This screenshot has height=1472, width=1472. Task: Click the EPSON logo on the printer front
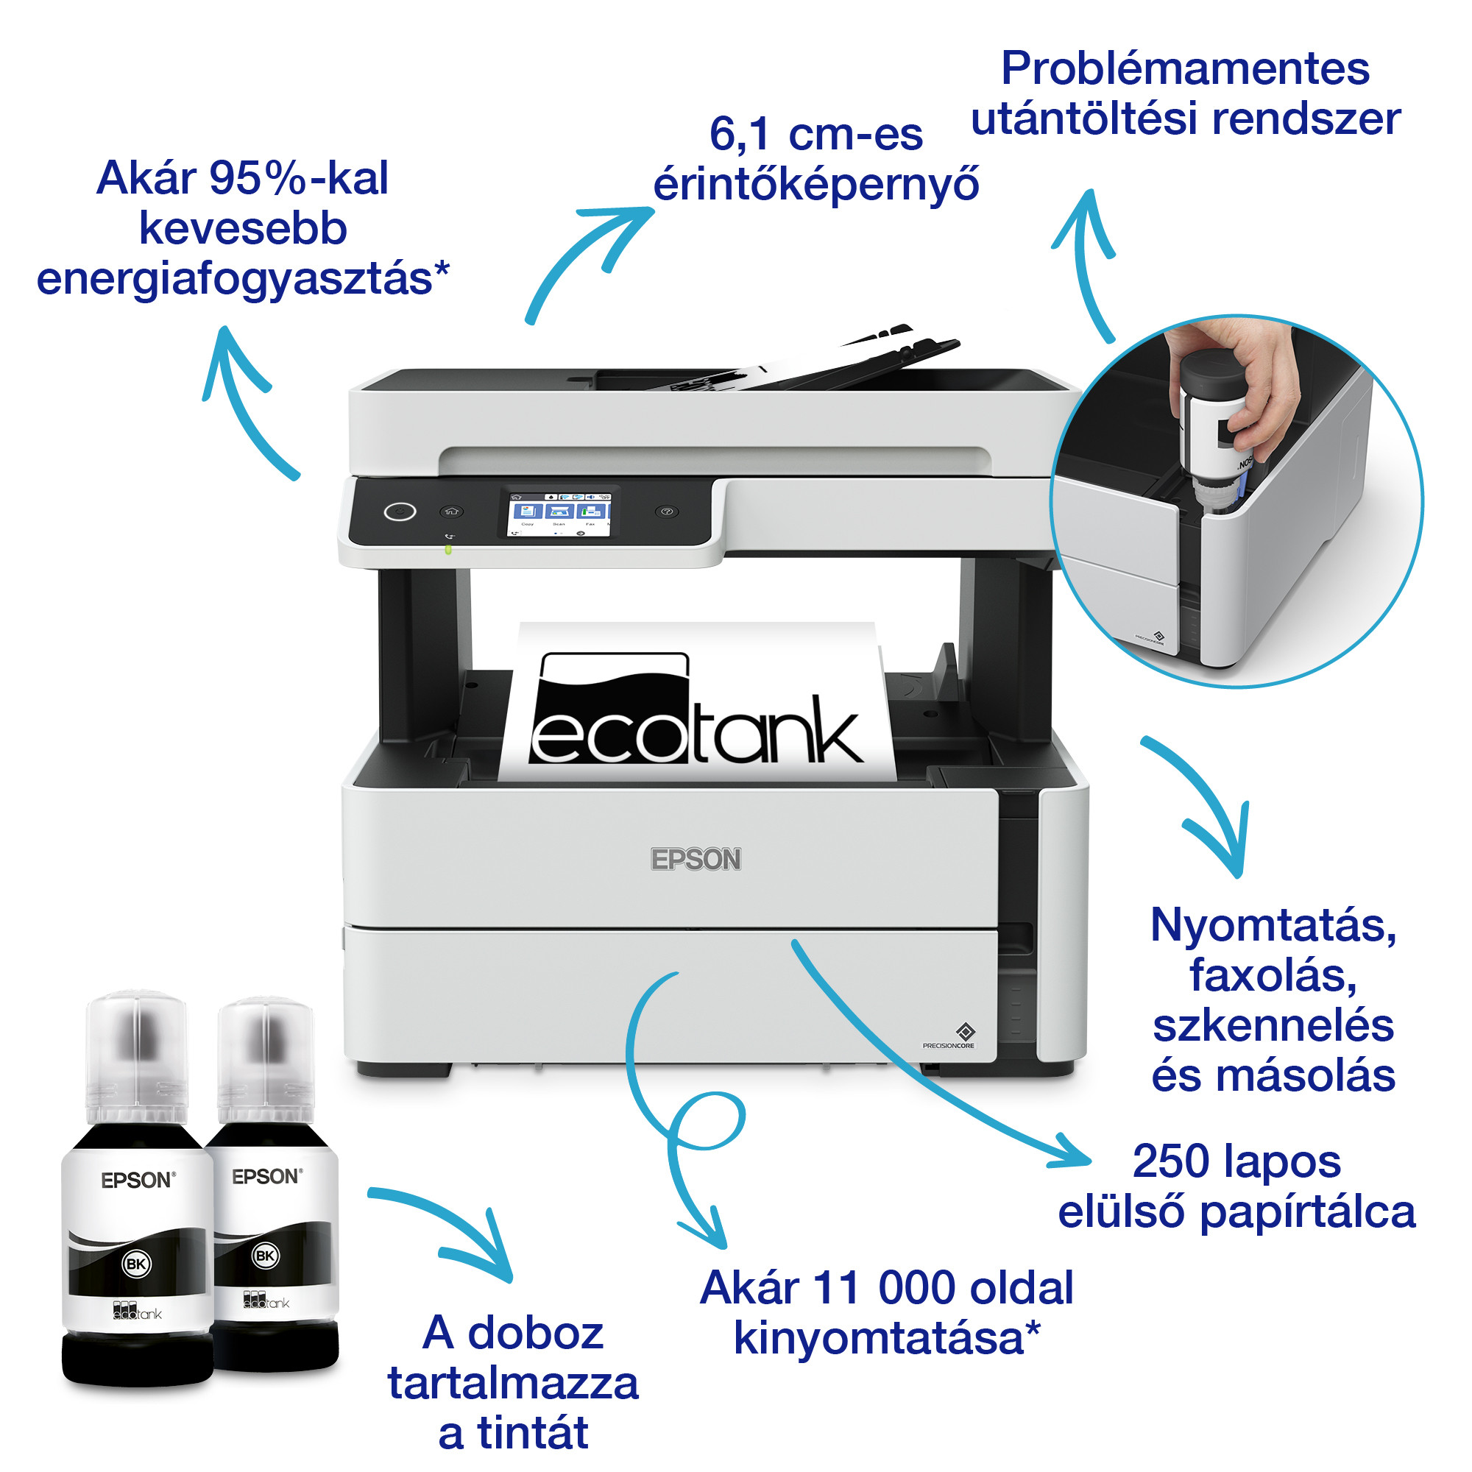[x=695, y=860]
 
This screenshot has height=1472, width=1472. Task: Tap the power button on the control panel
[x=400, y=511]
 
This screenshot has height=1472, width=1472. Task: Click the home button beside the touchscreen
[x=451, y=512]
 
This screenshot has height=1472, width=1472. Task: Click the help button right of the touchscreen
[x=667, y=512]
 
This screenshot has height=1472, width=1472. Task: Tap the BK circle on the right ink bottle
[x=265, y=1256]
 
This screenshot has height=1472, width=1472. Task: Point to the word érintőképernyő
[x=815, y=185]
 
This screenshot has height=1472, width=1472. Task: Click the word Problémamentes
[x=1185, y=68]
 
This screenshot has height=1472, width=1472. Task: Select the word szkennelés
[x=1273, y=1025]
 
